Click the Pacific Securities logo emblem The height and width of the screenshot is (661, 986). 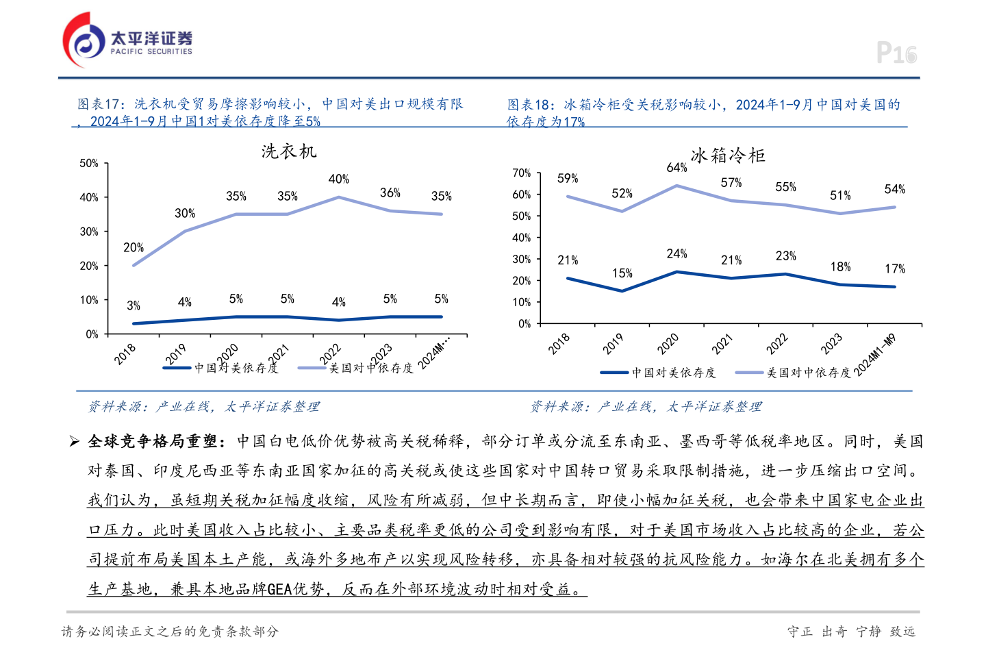[x=84, y=40]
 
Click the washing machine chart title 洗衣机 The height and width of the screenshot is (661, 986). [x=289, y=151]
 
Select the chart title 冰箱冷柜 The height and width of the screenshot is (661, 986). [x=728, y=155]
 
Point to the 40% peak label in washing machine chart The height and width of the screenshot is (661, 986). [x=339, y=179]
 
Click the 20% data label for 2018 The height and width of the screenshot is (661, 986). [x=134, y=248]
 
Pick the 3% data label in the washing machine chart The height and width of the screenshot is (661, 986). [x=134, y=305]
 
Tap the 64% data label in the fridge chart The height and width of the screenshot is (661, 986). [x=677, y=168]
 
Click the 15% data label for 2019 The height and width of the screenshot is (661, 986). [x=622, y=273]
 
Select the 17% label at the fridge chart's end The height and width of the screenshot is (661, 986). [x=894, y=269]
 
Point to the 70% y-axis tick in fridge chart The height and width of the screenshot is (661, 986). [x=522, y=173]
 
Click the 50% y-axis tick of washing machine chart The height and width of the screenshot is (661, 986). [x=89, y=164]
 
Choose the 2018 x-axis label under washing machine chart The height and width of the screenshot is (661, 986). [x=125, y=354]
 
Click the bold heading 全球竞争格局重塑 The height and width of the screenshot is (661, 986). [x=155, y=441]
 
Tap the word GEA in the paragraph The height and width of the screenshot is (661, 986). [x=279, y=589]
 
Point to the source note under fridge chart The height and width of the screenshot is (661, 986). [x=646, y=407]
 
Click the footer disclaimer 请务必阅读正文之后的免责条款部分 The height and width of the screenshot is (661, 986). [x=170, y=632]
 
